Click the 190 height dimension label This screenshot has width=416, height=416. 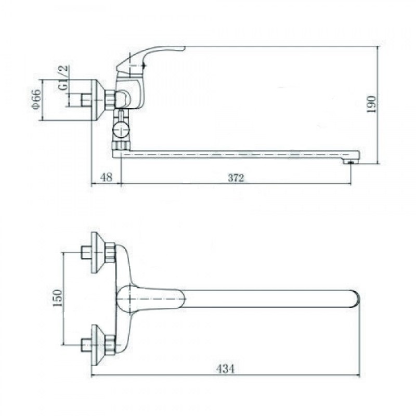coord(371,104)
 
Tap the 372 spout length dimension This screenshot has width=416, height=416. coord(236,178)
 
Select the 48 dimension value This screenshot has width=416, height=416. coord(107,177)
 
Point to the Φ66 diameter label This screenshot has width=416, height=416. coord(36,99)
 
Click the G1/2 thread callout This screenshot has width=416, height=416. coord(63,77)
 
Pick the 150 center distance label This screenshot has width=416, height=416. coord(58,298)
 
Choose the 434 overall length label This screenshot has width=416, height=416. coord(225,369)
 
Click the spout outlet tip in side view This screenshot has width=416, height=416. coord(350,161)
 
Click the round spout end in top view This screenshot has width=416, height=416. coord(356,299)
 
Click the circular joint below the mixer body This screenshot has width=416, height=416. coord(121,129)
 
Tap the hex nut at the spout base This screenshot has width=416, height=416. coord(120,146)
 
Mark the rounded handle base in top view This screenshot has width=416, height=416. coord(127,298)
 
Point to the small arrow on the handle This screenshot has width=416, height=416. coord(144,64)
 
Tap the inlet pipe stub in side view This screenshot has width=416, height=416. coord(86,100)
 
